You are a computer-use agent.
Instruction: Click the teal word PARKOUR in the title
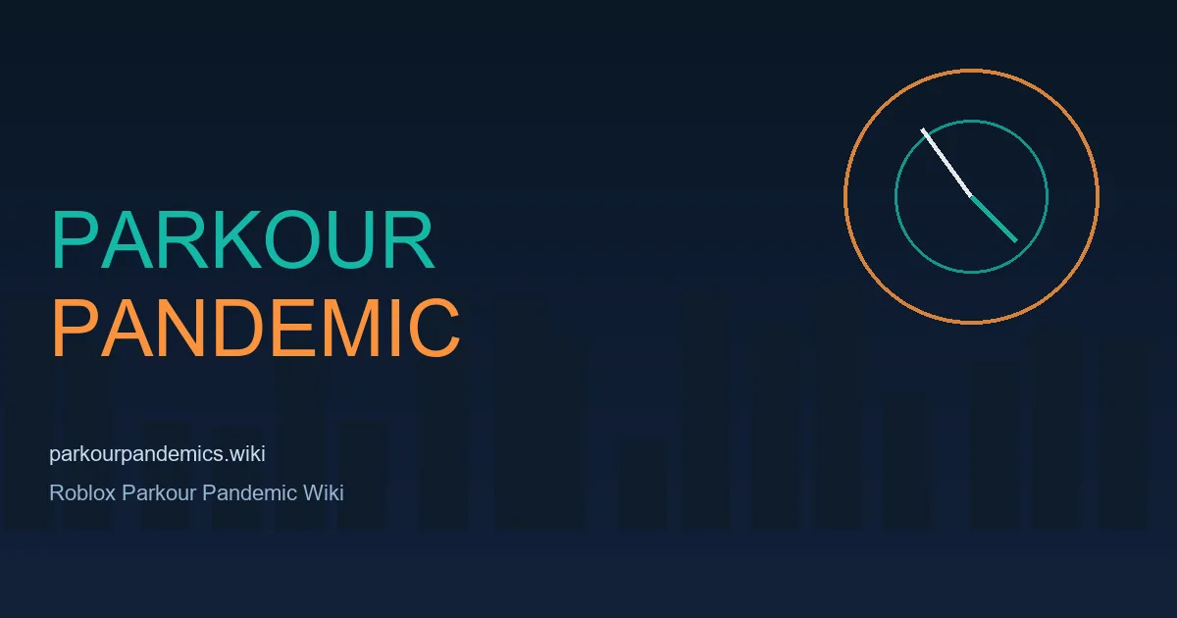(243, 239)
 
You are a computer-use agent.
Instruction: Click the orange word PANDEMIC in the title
(256, 328)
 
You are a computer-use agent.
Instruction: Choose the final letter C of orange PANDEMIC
(434, 328)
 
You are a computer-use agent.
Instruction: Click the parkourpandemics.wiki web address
(157, 454)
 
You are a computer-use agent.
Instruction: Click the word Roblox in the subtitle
(82, 492)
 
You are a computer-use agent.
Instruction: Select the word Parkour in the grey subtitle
(159, 492)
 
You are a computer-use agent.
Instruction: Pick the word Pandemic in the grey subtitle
(249, 492)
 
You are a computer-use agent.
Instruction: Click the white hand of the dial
(947, 163)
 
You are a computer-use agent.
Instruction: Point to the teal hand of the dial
(994, 219)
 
